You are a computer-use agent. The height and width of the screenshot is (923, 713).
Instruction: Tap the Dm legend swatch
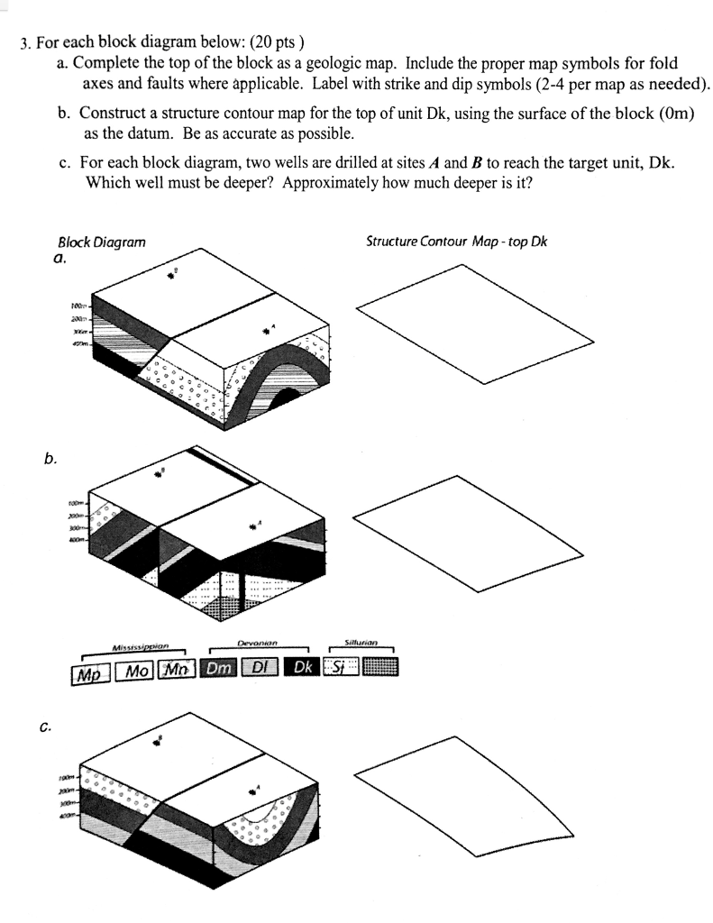point(219,669)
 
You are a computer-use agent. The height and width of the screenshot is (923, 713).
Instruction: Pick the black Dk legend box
point(301,669)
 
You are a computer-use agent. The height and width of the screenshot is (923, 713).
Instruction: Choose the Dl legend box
point(260,669)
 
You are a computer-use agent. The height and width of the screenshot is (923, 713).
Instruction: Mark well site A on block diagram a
point(266,331)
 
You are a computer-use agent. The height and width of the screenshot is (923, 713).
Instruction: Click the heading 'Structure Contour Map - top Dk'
point(456,242)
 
